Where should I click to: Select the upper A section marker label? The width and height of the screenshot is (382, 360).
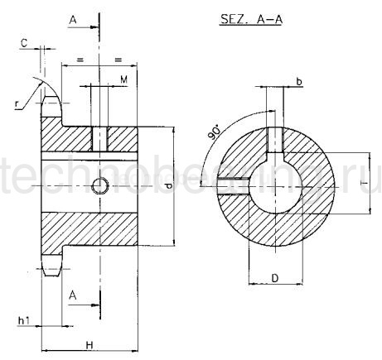coord(75,18)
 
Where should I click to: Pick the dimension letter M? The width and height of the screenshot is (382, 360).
coord(123,79)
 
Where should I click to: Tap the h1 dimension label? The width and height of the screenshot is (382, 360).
coord(22,320)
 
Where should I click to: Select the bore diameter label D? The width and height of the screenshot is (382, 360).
coord(273,279)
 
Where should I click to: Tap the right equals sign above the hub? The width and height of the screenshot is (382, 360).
coord(118,60)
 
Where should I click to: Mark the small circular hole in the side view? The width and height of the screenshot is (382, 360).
coord(99,185)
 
